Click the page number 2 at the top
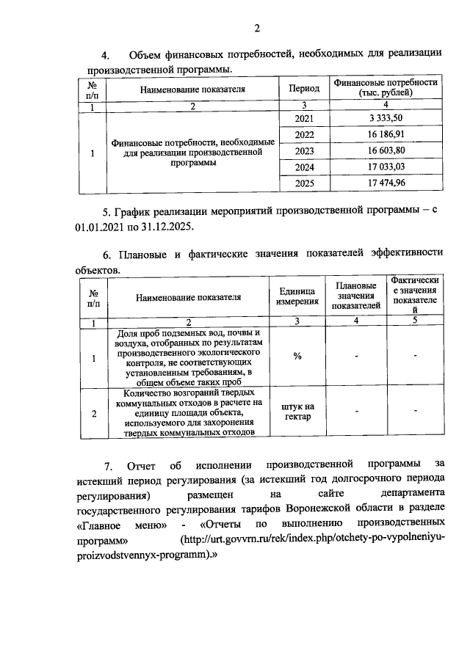[257, 29]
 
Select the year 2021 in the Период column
[303, 118]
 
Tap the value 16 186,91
[386, 134]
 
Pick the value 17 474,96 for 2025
[386, 182]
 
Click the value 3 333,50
[386, 118]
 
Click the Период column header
[303, 89]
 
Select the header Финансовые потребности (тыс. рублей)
[386, 88]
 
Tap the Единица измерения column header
[297, 297]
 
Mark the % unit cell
[297, 357]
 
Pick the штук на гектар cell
[297, 412]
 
